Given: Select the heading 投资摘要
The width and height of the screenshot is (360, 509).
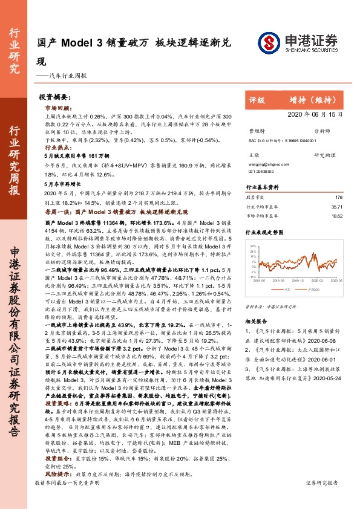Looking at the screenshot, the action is point(54,97).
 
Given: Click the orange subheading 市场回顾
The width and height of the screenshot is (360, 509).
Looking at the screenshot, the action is point(56,107).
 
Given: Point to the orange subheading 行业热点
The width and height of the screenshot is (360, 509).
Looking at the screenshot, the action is point(56,146).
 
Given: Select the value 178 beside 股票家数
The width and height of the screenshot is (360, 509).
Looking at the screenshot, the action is point(338,196).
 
